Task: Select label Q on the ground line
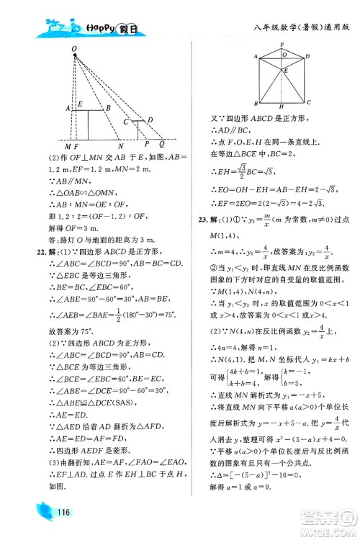[162, 145]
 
